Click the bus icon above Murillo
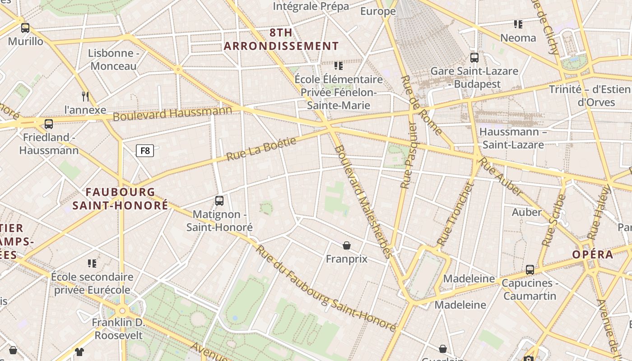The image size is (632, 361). (25, 28)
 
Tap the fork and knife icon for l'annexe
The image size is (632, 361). (85, 96)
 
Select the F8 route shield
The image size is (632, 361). (145, 151)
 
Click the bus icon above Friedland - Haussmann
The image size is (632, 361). (49, 124)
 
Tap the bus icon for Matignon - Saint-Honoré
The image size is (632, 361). (219, 201)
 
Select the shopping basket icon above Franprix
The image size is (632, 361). (347, 245)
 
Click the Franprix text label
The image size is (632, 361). (347, 259)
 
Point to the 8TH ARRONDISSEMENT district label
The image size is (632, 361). (281, 39)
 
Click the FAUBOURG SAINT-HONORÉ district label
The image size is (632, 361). (121, 199)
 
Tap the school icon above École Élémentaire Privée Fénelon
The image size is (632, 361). (339, 66)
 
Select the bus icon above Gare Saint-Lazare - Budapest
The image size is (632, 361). (474, 58)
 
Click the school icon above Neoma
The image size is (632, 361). (518, 24)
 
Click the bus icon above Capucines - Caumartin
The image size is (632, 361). (530, 270)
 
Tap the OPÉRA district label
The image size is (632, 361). (593, 255)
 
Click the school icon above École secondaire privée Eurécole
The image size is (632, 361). (92, 263)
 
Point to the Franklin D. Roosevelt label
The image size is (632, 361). (118, 329)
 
